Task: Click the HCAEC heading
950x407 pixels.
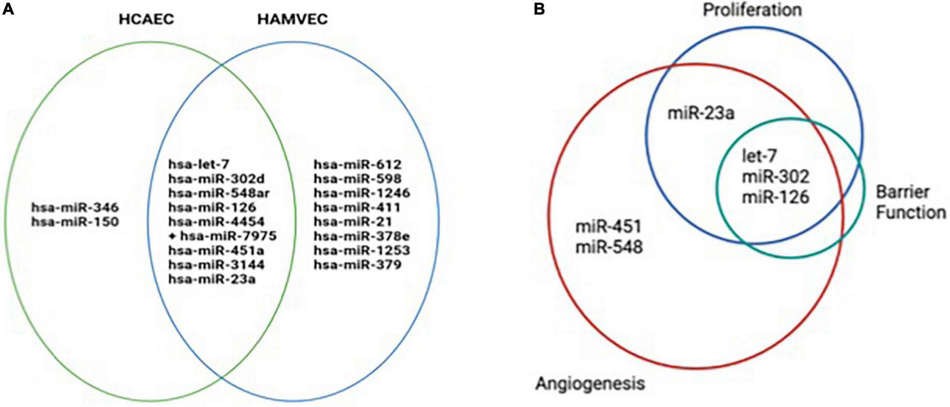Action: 146,20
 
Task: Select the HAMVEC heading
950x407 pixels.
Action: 292,20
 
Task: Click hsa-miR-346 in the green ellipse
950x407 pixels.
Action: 75,208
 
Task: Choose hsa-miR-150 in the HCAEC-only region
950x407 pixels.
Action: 75,221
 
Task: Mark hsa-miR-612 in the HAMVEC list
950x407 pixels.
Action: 358,165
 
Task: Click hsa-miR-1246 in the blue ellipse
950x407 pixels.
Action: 362,193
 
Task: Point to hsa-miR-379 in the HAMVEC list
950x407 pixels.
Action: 358,264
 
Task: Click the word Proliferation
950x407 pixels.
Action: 752,10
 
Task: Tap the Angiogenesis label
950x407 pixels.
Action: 590,383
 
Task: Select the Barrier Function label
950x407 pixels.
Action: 910,202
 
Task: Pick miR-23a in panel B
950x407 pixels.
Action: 701,113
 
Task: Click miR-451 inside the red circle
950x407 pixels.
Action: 608,227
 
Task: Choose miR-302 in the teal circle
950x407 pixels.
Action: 775,176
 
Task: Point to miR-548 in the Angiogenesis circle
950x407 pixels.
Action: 608,247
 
